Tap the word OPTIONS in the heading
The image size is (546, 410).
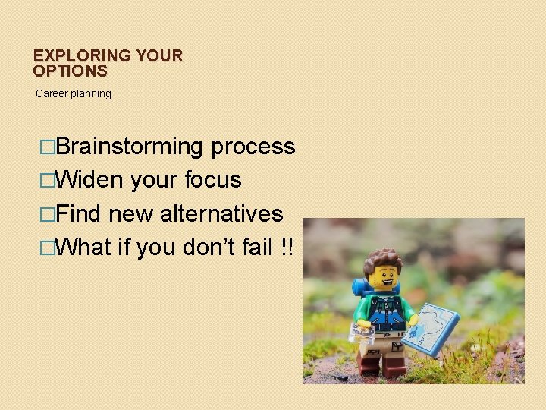(x=70, y=71)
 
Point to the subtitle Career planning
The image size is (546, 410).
(x=74, y=93)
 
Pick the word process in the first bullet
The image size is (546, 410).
(x=253, y=147)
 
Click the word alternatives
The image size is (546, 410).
(x=221, y=213)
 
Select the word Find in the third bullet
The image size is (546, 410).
(x=79, y=213)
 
